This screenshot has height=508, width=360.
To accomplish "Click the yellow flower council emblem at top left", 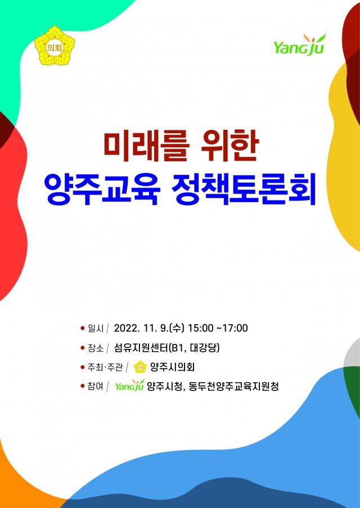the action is tap(55, 46).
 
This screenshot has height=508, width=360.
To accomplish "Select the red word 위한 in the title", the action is tap(229, 147).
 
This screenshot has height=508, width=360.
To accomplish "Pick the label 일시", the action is tap(96, 329).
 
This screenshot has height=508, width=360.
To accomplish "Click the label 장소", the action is tap(96, 348).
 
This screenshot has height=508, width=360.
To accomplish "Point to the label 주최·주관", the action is tap(105, 368).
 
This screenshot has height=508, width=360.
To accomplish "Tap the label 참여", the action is tap(96, 386).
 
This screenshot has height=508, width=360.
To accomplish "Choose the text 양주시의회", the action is tap(172, 367).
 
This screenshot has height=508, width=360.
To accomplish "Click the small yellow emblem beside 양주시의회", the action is tap(140, 368).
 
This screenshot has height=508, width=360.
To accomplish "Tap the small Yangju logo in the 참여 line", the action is tap(130, 385).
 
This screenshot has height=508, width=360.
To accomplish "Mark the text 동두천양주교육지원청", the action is tap(233, 386).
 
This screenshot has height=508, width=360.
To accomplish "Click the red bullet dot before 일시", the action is tap(82, 328).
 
